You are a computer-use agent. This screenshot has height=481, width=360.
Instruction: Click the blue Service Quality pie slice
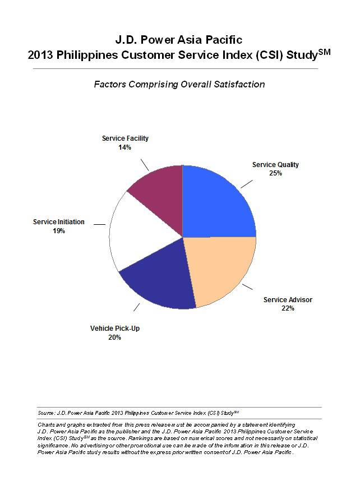tap(216, 202)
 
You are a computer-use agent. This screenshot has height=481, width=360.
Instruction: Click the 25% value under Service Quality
tap(275, 173)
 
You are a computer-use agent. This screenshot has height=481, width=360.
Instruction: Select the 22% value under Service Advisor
tap(288, 308)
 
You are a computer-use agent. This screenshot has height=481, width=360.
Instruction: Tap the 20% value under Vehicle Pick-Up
tap(114, 337)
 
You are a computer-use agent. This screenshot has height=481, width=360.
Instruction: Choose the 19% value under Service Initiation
tap(58, 230)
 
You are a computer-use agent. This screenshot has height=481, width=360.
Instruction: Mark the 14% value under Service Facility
tap(124, 147)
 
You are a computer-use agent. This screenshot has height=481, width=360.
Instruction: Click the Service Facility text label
tap(125, 138)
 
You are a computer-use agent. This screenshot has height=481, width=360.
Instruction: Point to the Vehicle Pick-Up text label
tap(115, 328)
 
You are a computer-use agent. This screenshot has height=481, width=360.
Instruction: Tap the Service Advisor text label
tap(288, 300)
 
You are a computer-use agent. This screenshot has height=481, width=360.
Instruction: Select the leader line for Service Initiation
tap(99, 224)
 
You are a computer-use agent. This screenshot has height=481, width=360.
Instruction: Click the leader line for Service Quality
tap(247, 183)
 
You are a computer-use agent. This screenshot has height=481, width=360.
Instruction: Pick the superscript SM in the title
tap(324, 52)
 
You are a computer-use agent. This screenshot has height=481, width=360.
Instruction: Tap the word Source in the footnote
tap(47, 413)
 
